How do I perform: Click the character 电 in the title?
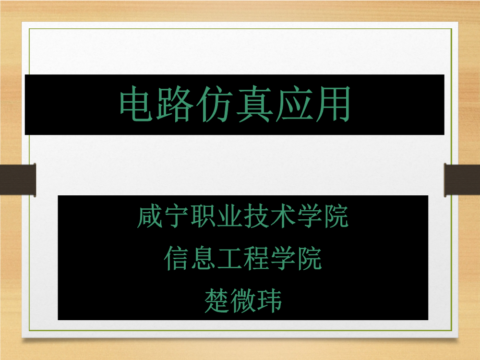(136, 104)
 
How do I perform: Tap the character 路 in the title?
(175, 104)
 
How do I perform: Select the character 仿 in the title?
(214, 104)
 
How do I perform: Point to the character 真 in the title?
(254, 104)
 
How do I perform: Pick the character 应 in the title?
(293, 104)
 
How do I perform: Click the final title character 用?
(333, 104)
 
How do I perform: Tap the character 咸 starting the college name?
(150, 216)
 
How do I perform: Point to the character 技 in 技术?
(256, 216)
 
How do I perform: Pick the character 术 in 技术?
(283, 216)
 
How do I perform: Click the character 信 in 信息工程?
(177, 259)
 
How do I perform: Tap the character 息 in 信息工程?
(203, 259)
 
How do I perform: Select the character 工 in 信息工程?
(230, 259)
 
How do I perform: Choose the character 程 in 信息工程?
(256, 259)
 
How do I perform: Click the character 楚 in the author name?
(217, 300)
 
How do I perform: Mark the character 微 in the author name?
(243, 300)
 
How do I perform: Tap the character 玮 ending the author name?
(269, 300)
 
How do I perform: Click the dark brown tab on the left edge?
(18, 180)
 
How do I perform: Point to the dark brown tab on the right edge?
(462, 180)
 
